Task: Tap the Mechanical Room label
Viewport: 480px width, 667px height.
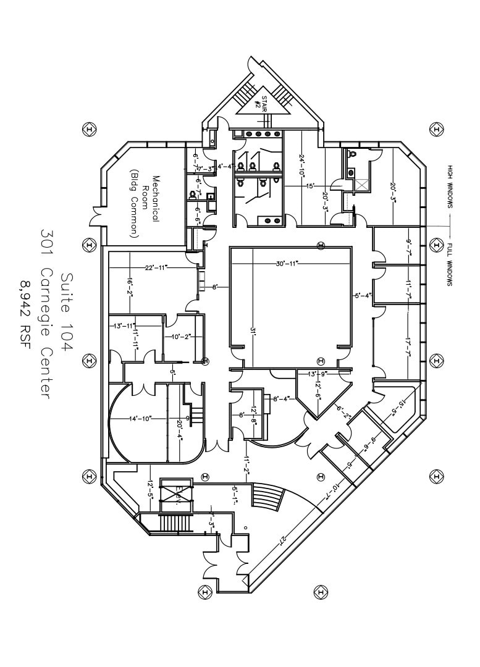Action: click(x=144, y=206)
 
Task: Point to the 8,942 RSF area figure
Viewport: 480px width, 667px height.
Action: click(x=25, y=314)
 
